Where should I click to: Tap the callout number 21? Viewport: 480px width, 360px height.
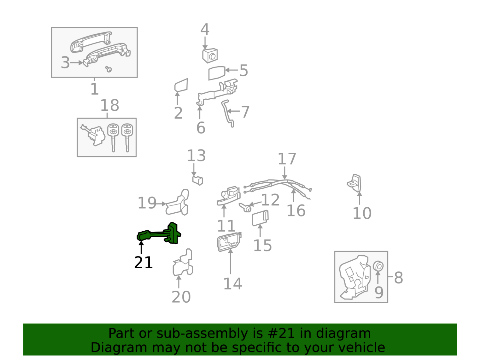coord(143,262)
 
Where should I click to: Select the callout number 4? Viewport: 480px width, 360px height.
coord(205,29)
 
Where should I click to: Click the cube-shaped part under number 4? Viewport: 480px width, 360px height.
coord(210,55)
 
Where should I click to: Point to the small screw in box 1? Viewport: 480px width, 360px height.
coord(108,69)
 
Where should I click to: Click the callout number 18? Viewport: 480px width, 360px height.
coord(109,105)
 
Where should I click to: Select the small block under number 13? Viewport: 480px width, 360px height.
coord(198,180)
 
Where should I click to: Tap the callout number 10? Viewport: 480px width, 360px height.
coord(362,213)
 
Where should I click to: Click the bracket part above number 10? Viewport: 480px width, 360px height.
coord(355,183)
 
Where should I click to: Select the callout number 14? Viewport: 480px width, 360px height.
coord(232,283)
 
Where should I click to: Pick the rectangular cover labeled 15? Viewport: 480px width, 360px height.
coord(260,218)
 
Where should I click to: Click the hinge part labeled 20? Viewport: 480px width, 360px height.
coord(183,264)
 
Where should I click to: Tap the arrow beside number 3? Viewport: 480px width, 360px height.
coord(77,63)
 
